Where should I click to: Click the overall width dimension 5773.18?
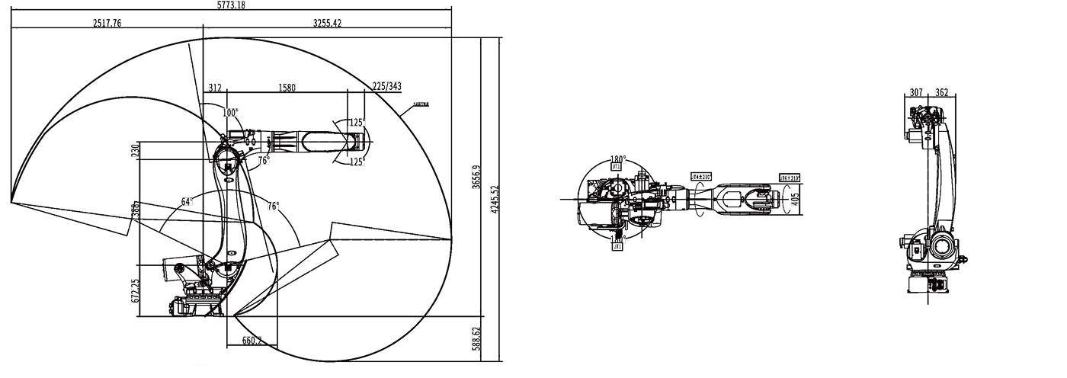tap(232, 5)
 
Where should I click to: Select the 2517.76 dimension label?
tap(107, 24)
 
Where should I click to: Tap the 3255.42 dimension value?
tap(327, 24)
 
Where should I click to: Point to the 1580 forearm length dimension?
tap(287, 88)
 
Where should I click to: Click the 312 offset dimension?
tap(215, 88)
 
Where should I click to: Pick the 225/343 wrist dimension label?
tap(386, 86)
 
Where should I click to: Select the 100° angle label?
tap(230, 112)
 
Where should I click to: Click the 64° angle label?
tap(186, 202)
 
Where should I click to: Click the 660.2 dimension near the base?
tap(252, 341)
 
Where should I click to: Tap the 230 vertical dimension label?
tap(136, 149)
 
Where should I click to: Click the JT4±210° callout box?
tap(700, 177)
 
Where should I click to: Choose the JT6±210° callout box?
tap(789, 178)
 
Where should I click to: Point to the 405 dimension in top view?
tap(796, 201)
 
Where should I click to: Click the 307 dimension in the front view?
tap(917, 92)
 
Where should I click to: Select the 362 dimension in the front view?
tap(941, 92)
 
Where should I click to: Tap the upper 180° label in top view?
tap(617, 161)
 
